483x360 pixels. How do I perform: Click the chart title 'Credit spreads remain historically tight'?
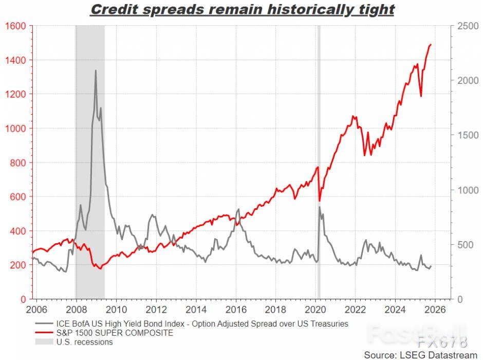tap(242, 9)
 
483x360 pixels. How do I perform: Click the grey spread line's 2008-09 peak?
tap(96, 70)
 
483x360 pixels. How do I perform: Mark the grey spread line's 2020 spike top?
tap(319, 207)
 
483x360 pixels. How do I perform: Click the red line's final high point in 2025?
tap(431, 45)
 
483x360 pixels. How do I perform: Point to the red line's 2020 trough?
tap(319, 201)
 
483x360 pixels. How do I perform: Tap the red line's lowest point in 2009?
tap(100, 268)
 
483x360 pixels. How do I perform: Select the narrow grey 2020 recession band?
tap(319, 154)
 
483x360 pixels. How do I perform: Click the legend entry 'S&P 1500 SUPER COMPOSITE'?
tap(116, 333)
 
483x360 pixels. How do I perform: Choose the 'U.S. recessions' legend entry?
tap(85, 341)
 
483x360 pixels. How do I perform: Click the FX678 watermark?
tap(442, 341)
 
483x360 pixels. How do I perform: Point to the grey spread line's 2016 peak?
tap(238, 209)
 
